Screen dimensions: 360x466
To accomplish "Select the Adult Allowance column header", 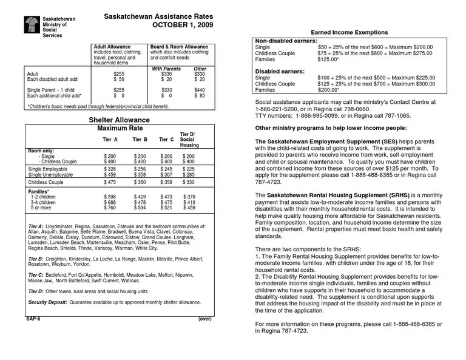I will tap(111, 47).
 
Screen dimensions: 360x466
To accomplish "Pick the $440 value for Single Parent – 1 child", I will tap(200, 90).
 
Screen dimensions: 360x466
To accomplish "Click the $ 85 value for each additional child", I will tap(200, 96).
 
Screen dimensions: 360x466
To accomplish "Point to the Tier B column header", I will tap(140, 140).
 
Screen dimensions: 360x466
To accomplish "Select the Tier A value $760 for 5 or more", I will tap(110, 208).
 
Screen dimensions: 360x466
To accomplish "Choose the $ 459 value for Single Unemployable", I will tap(110, 175).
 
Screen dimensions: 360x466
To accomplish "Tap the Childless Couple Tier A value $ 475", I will tap(110, 183).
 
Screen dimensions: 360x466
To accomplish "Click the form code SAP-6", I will tap(33, 318).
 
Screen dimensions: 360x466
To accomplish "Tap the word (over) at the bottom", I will tap(204, 318).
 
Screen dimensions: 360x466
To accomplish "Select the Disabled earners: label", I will tap(279, 71).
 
